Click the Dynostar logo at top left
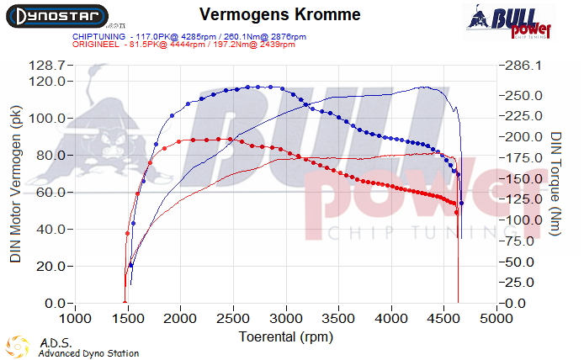tap(56, 16)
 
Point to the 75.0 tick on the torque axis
tap(524, 241)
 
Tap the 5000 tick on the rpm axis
tap(496, 319)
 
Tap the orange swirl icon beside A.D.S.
tap(17, 347)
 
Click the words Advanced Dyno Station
tap(88, 353)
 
